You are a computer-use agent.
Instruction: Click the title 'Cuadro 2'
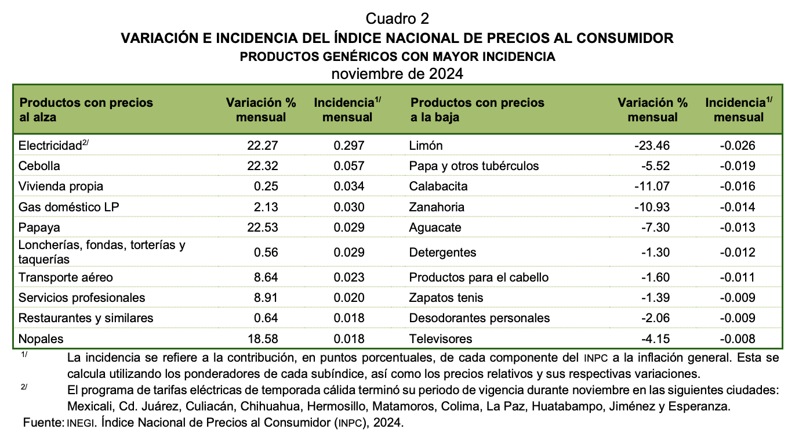point(397,19)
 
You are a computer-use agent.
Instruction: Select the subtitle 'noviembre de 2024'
point(397,74)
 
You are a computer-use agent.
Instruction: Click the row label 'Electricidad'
point(50,146)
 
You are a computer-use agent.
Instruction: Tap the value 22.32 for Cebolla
point(262,165)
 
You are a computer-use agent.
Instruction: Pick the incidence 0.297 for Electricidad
point(348,146)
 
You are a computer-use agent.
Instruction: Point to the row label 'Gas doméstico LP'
point(68,207)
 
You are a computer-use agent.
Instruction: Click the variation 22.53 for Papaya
point(262,228)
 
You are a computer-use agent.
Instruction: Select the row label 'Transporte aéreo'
point(66,277)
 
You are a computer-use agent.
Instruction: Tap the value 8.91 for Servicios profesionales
point(266,298)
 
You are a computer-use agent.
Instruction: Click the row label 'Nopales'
point(41,339)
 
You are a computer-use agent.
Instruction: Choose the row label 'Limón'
point(426,146)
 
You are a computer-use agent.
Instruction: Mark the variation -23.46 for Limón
point(652,146)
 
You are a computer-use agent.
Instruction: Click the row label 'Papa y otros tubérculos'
point(474,166)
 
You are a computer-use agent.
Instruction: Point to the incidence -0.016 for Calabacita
point(737,186)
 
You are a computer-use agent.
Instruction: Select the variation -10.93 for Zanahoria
point(652,207)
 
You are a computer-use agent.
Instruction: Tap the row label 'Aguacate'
point(435,228)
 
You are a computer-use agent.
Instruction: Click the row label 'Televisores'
point(441,339)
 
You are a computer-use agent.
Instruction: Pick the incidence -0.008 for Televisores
point(737,339)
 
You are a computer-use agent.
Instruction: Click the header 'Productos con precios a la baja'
point(477,110)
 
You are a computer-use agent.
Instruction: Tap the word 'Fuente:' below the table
point(43,423)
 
